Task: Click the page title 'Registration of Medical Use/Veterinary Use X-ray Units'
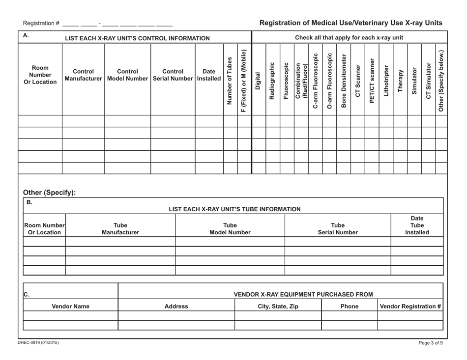(x=350, y=23)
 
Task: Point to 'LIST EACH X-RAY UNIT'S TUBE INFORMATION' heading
(x=235, y=209)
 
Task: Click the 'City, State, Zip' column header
(x=278, y=306)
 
